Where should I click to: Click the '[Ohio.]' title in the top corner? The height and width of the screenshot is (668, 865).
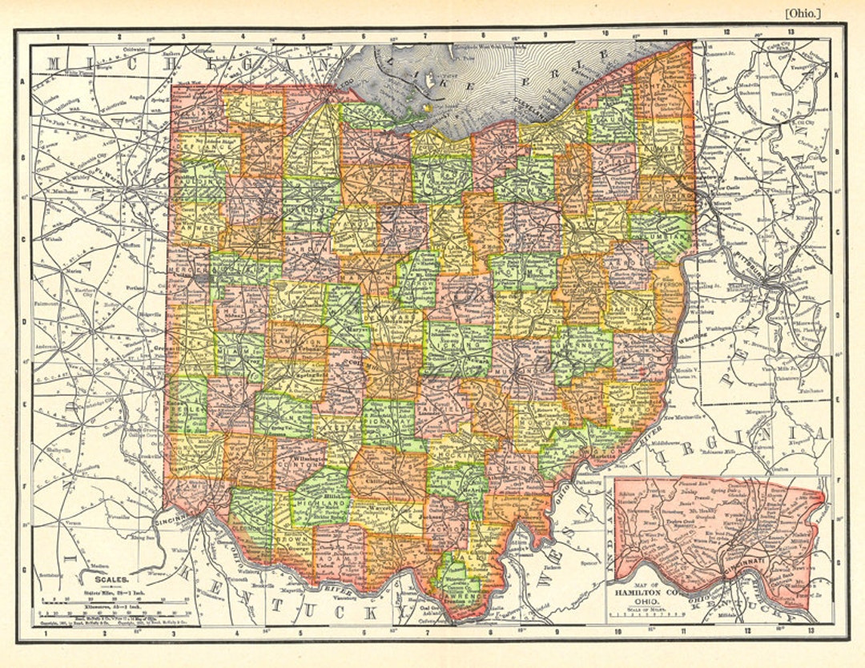click(803, 13)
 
